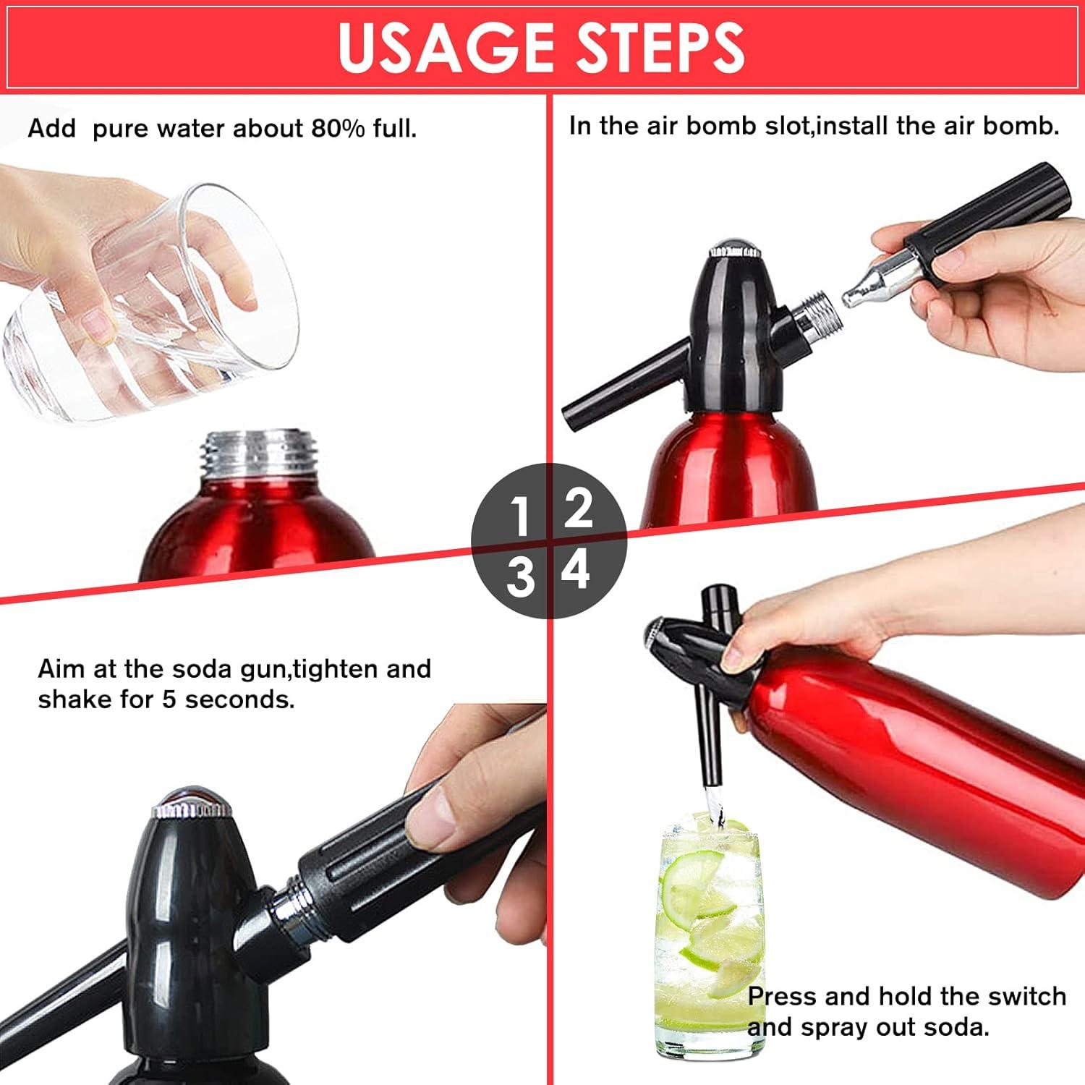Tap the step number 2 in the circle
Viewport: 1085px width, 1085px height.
(578, 509)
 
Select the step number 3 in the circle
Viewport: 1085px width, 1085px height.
(519, 578)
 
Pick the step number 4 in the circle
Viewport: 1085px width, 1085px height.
(576, 571)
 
